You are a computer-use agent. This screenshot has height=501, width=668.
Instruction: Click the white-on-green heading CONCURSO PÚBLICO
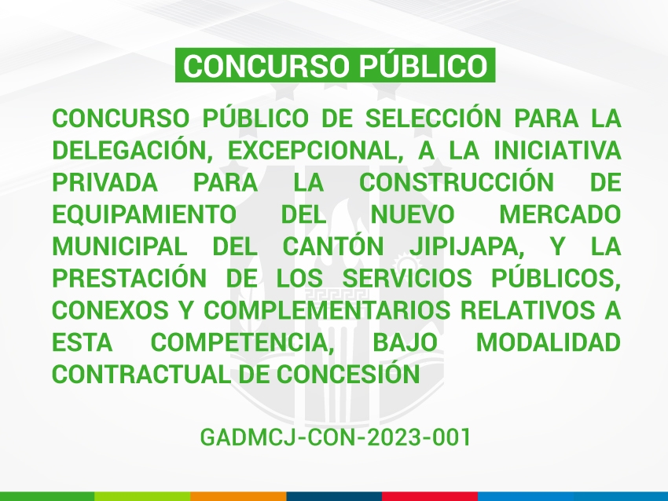click(336, 65)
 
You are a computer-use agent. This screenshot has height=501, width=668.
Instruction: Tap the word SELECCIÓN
click(433, 118)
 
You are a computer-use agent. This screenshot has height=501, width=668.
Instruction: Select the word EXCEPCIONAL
click(315, 151)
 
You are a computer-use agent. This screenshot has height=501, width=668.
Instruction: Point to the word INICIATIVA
click(557, 150)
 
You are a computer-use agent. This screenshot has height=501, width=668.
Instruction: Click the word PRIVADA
click(105, 182)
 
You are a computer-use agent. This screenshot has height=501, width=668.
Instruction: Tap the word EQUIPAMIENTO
click(144, 214)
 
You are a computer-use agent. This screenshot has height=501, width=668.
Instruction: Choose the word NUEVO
click(413, 214)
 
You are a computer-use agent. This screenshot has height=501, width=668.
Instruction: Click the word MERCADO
click(560, 214)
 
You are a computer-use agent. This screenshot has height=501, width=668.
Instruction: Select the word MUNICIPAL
click(119, 247)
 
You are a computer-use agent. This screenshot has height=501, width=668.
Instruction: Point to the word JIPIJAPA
click(467, 247)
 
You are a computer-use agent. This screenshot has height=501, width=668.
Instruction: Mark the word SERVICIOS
click(407, 279)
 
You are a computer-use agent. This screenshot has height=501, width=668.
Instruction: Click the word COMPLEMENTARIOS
click(327, 310)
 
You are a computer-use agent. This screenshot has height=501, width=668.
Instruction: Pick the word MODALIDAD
click(549, 342)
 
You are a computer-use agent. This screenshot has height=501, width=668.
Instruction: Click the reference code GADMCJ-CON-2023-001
click(336, 437)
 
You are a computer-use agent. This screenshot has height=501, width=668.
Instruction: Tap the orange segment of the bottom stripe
click(238, 496)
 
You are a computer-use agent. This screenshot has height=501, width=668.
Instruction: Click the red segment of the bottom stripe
click(429, 496)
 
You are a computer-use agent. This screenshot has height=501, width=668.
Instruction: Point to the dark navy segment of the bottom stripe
click(334, 496)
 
